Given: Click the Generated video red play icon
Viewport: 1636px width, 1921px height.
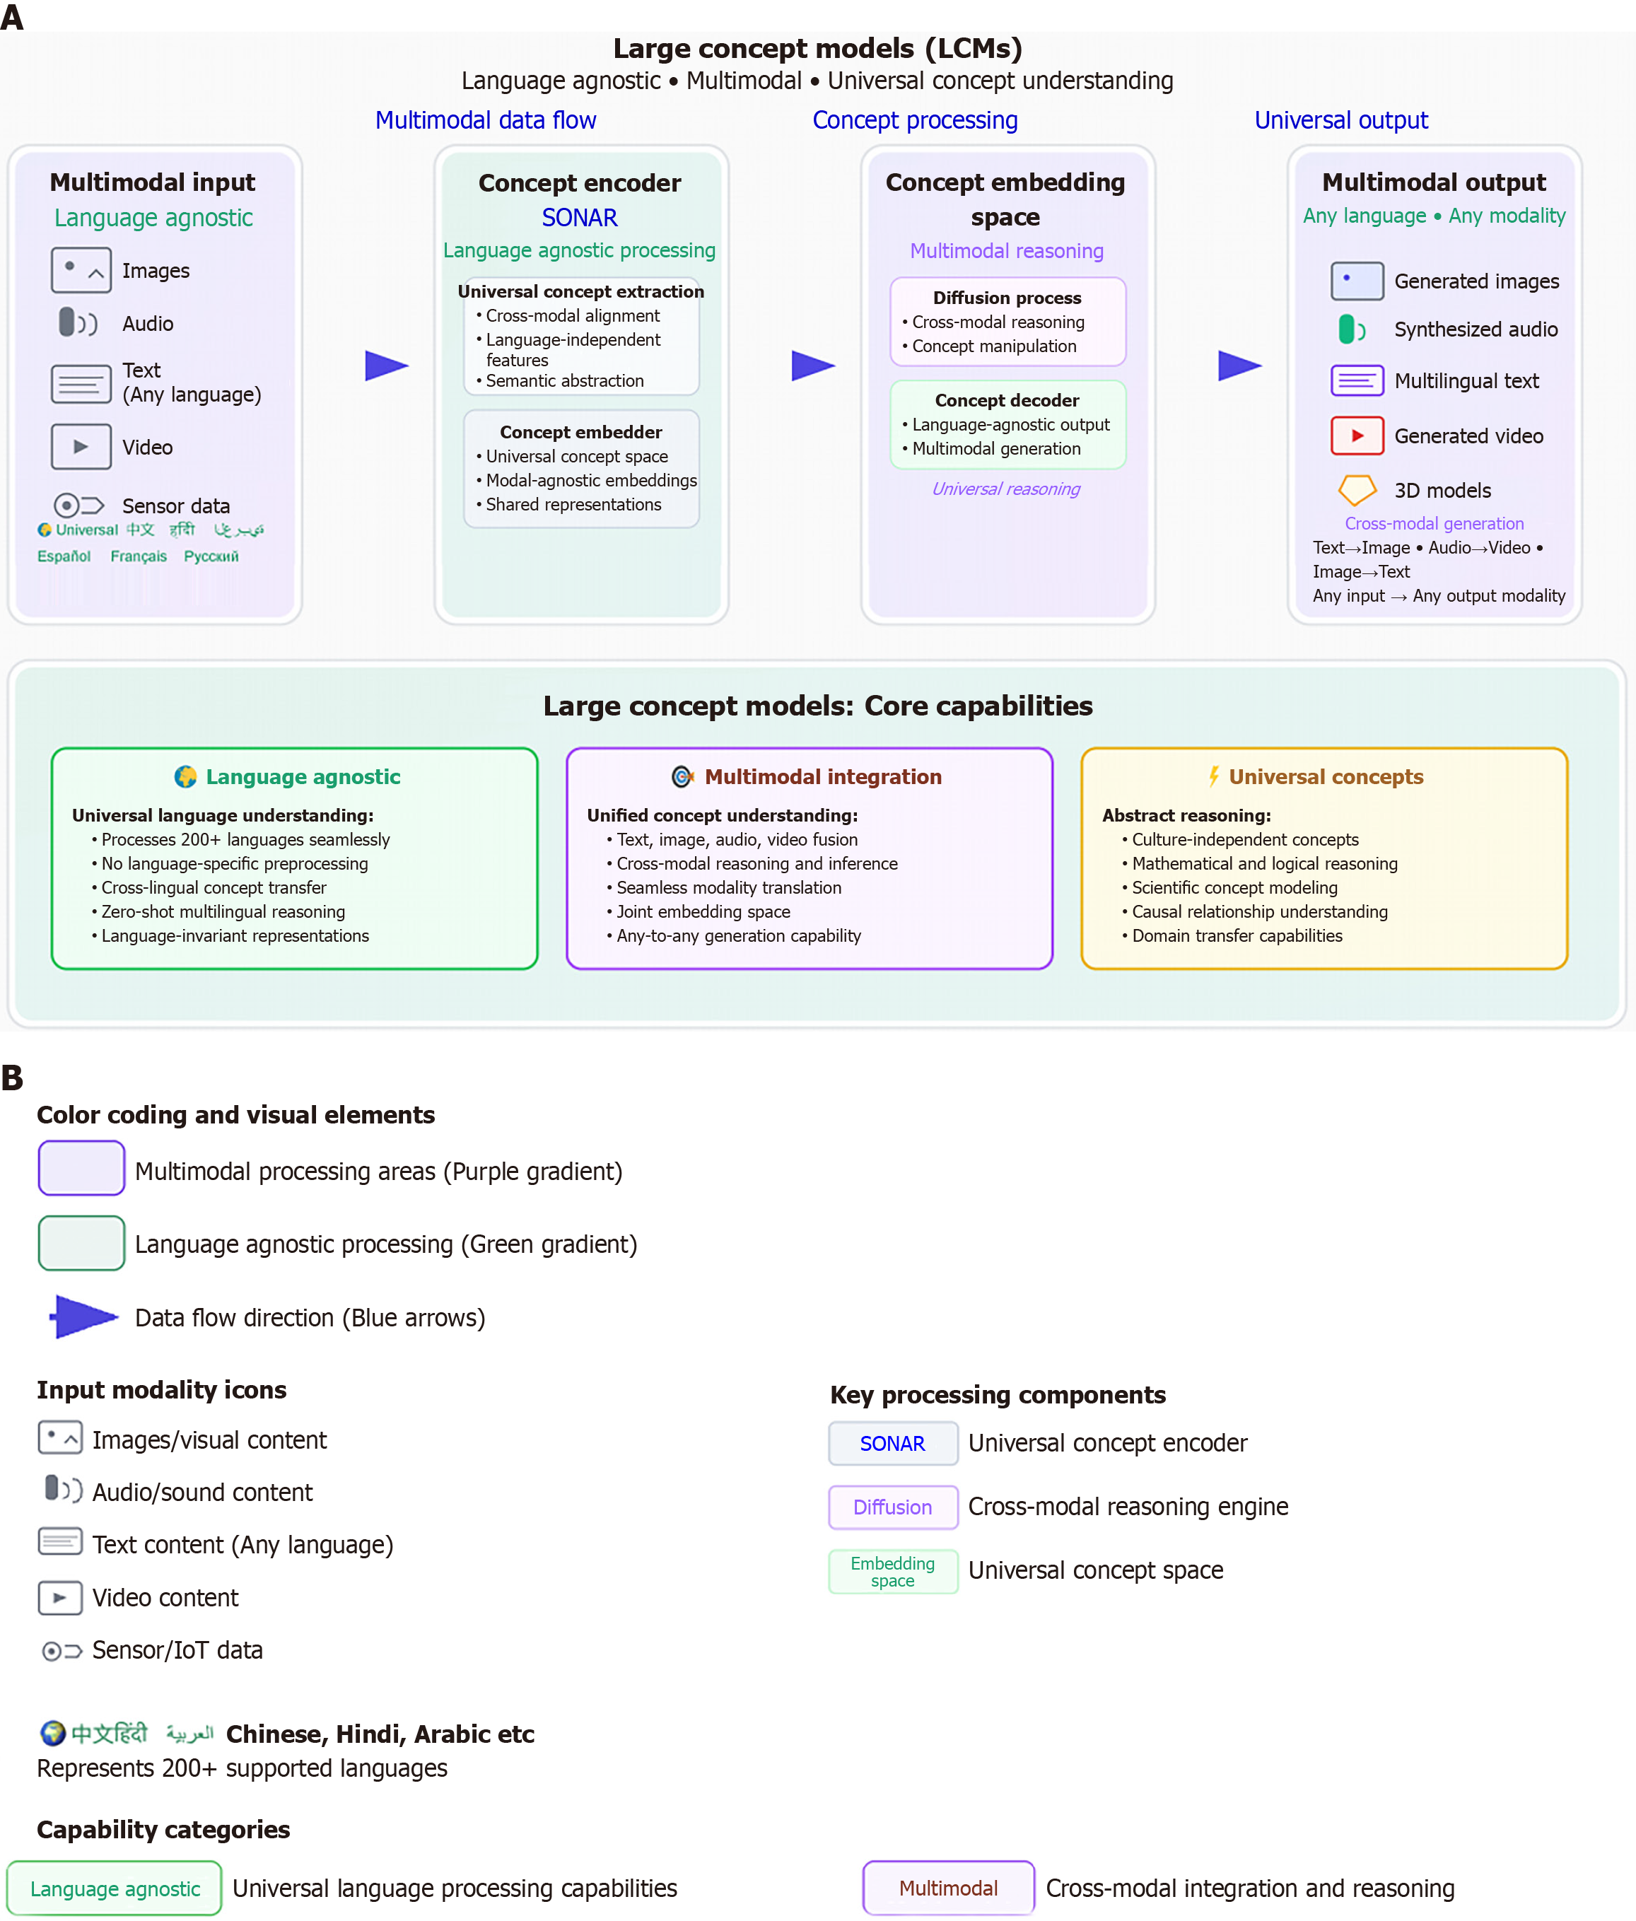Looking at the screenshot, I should pos(1356,436).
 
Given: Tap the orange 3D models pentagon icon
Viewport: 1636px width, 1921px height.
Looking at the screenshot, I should pos(1356,489).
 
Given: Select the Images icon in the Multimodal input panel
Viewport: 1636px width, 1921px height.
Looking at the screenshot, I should pos(81,270).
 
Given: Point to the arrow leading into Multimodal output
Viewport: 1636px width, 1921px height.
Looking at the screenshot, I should pos(1239,366).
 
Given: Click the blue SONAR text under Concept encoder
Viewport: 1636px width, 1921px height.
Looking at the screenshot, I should pos(579,218).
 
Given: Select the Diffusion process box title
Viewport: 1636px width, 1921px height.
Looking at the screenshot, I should pos(1007,298).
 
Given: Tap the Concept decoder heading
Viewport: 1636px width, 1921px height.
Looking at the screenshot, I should pos(1007,400).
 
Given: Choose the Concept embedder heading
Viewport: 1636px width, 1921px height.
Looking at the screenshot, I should pos(580,432).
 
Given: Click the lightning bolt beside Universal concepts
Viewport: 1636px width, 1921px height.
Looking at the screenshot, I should pos(1213,776).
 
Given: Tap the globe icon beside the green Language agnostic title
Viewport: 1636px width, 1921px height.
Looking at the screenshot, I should pos(185,776).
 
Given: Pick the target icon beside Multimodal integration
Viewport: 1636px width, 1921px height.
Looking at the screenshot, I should pos(683,776).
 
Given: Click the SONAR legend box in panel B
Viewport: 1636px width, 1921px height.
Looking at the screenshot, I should pos(893,1444).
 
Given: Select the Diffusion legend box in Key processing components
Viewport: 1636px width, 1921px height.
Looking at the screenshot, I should pos(893,1507).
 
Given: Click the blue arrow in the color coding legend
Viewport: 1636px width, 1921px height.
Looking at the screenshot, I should pos(83,1316).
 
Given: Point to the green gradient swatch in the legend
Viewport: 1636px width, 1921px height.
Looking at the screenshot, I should pos(81,1242).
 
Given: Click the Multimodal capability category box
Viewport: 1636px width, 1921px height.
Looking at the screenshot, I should pos(948,1888).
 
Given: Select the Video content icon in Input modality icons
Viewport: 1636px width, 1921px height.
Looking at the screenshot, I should pos(60,1597).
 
